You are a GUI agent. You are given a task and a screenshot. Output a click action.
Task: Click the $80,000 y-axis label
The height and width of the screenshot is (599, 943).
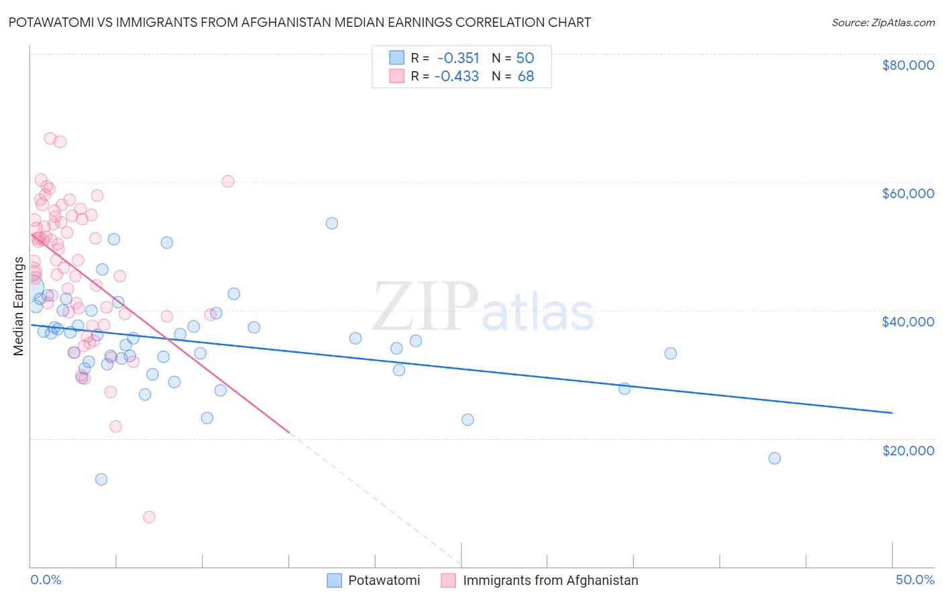pyautogui.click(x=907, y=65)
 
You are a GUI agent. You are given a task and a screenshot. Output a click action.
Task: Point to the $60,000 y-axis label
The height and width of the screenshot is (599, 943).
pyautogui.click(x=907, y=193)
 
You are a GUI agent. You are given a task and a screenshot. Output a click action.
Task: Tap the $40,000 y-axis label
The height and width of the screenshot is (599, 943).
pyautogui.click(x=907, y=322)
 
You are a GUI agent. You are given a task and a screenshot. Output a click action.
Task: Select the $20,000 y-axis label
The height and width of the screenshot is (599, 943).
pyautogui.click(x=907, y=450)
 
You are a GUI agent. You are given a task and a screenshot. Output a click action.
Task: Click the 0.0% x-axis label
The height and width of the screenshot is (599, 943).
pyautogui.click(x=46, y=580)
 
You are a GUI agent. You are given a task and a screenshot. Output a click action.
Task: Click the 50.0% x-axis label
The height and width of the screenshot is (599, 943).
pyautogui.click(x=915, y=580)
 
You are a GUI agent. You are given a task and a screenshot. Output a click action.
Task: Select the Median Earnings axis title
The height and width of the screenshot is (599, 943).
pyautogui.click(x=18, y=306)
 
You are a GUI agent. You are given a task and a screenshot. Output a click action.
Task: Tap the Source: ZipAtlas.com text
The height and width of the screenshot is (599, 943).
pyautogui.click(x=883, y=23)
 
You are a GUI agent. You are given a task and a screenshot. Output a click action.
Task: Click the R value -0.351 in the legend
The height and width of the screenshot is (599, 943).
pyautogui.click(x=458, y=58)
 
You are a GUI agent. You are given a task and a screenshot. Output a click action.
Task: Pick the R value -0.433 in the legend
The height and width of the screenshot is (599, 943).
pyautogui.click(x=457, y=76)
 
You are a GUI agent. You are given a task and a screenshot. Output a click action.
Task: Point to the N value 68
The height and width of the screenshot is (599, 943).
pyautogui.click(x=526, y=76)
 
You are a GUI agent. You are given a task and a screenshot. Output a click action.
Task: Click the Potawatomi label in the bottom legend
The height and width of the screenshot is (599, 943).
pyautogui.click(x=384, y=580)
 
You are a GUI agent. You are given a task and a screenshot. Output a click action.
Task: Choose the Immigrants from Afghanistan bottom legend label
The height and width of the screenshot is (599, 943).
pyautogui.click(x=550, y=580)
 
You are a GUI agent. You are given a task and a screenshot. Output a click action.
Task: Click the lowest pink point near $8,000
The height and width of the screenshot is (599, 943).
pyautogui.click(x=149, y=517)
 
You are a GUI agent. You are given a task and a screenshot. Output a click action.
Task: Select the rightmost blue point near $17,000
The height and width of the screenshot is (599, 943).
pyautogui.click(x=775, y=459)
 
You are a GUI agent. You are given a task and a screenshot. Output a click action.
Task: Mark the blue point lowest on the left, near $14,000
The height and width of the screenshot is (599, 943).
pyautogui.click(x=101, y=479)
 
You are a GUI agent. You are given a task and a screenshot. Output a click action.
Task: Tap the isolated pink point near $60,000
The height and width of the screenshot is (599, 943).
pyautogui.click(x=228, y=181)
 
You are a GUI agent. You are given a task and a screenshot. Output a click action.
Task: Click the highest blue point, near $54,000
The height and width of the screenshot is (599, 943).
pyautogui.click(x=332, y=224)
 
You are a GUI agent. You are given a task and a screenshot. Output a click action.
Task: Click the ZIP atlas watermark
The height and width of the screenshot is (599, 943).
pyautogui.click(x=483, y=308)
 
